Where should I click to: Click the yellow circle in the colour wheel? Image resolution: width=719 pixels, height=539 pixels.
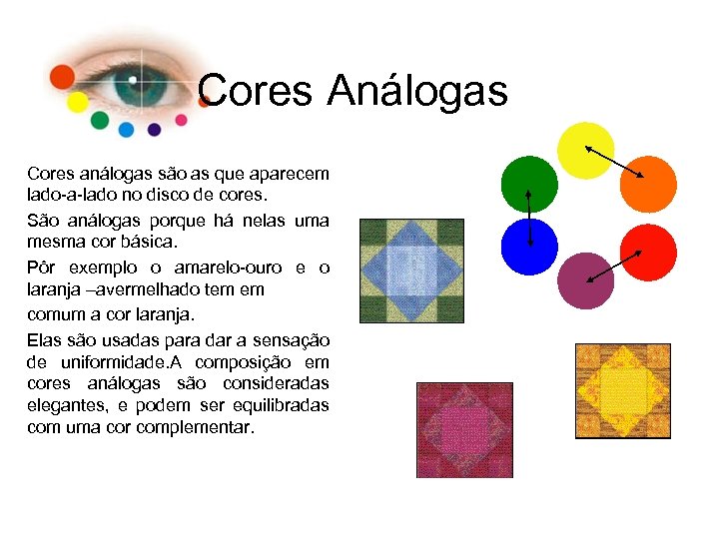click(x=585, y=151)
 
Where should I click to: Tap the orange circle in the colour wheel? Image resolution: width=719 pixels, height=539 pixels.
click(x=648, y=184)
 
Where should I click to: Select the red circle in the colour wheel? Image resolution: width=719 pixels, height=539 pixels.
click(x=648, y=253)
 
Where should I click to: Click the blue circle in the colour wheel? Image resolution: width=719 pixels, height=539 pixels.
click(x=528, y=247)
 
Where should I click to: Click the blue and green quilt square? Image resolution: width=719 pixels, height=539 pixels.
click(x=410, y=269)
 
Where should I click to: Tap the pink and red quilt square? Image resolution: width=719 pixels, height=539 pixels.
click(x=464, y=429)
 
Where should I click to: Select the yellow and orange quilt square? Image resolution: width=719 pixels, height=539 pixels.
click(x=622, y=390)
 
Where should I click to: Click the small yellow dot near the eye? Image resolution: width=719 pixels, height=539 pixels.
click(x=77, y=103)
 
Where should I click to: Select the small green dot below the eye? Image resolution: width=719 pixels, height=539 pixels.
click(x=99, y=121)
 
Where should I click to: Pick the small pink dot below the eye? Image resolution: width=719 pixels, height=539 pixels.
click(x=181, y=120)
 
